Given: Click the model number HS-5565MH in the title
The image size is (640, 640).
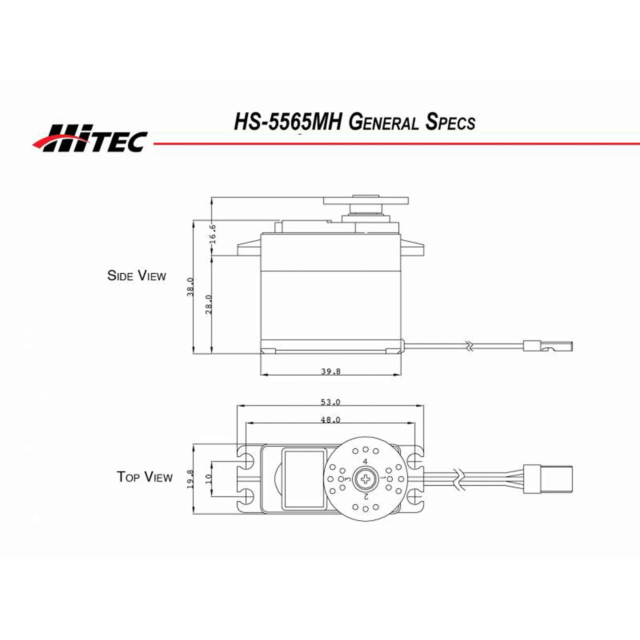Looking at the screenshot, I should coord(288,122).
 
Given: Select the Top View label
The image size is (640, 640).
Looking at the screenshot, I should coord(144,477).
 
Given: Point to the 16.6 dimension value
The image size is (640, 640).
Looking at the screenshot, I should coord(213,234).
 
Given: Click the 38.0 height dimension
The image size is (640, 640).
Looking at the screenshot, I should coord(190,287).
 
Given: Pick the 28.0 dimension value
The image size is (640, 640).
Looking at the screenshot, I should coord(208,304).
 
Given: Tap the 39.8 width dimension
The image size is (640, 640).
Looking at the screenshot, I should coord(331,371).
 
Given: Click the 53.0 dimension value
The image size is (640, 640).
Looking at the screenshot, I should coord(330,402).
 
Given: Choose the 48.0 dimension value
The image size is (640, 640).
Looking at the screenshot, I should coord(330,420).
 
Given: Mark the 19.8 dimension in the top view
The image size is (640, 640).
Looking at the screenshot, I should coord(190,479).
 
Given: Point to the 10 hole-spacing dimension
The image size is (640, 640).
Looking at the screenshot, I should coord(208,479).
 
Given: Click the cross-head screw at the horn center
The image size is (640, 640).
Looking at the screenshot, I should coord(365,479).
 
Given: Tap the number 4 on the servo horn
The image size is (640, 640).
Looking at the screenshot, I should coord(365,461).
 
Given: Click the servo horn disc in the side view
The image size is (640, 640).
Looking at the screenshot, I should coord(366,201).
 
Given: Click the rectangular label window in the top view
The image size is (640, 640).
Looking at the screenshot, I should coord(304,479).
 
